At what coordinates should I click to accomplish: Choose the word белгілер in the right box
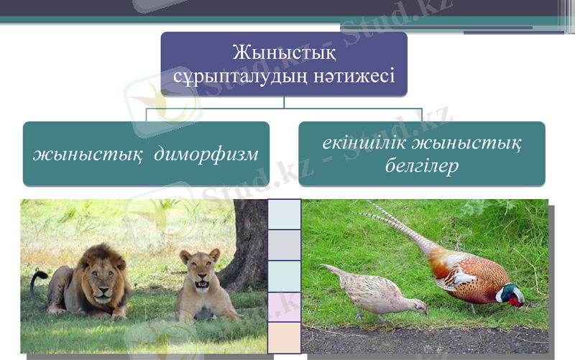coord(422,165)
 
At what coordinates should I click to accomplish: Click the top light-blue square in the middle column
coord(284,214)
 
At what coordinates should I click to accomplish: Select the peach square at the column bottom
coord(284,338)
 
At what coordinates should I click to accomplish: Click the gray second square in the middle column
coord(284,245)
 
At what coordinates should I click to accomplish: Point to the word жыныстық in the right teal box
coord(475,143)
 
